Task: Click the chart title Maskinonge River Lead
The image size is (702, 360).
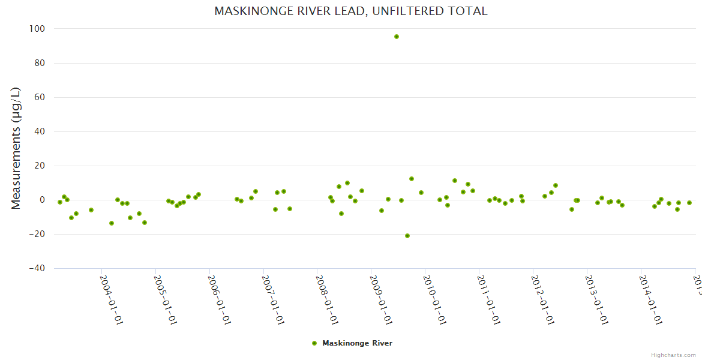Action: pos(351,11)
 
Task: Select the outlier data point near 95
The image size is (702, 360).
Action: pos(397,37)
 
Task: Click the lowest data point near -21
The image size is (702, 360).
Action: pos(407,236)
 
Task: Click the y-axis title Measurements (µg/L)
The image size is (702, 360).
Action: pos(16,148)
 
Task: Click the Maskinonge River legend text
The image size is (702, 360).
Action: pos(357,343)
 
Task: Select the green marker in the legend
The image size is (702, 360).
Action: pos(314,343)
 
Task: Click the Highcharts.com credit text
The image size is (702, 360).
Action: pos(673,355)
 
